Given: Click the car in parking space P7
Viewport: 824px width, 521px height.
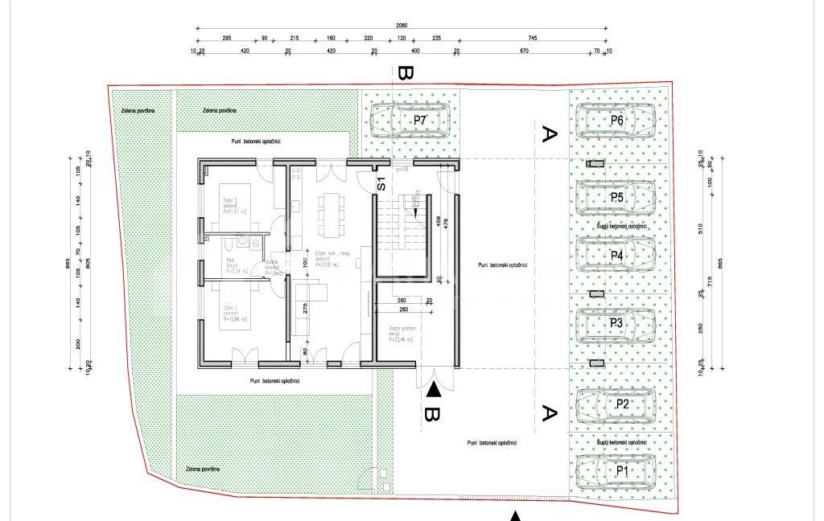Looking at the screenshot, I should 410,121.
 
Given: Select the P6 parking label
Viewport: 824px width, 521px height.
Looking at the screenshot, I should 617,120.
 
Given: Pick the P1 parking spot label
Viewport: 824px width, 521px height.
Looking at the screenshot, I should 621,470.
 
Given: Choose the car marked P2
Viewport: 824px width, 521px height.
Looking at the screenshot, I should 616,404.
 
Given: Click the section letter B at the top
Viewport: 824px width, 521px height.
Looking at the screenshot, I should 405,75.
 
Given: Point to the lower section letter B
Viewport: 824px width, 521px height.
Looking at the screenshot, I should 432,416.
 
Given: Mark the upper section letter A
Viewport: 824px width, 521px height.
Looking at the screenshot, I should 550,134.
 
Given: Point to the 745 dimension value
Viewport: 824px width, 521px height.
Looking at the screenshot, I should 533,38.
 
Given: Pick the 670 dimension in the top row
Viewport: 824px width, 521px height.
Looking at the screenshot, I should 524,51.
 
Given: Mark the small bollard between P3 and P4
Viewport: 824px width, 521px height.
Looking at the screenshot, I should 596,295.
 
